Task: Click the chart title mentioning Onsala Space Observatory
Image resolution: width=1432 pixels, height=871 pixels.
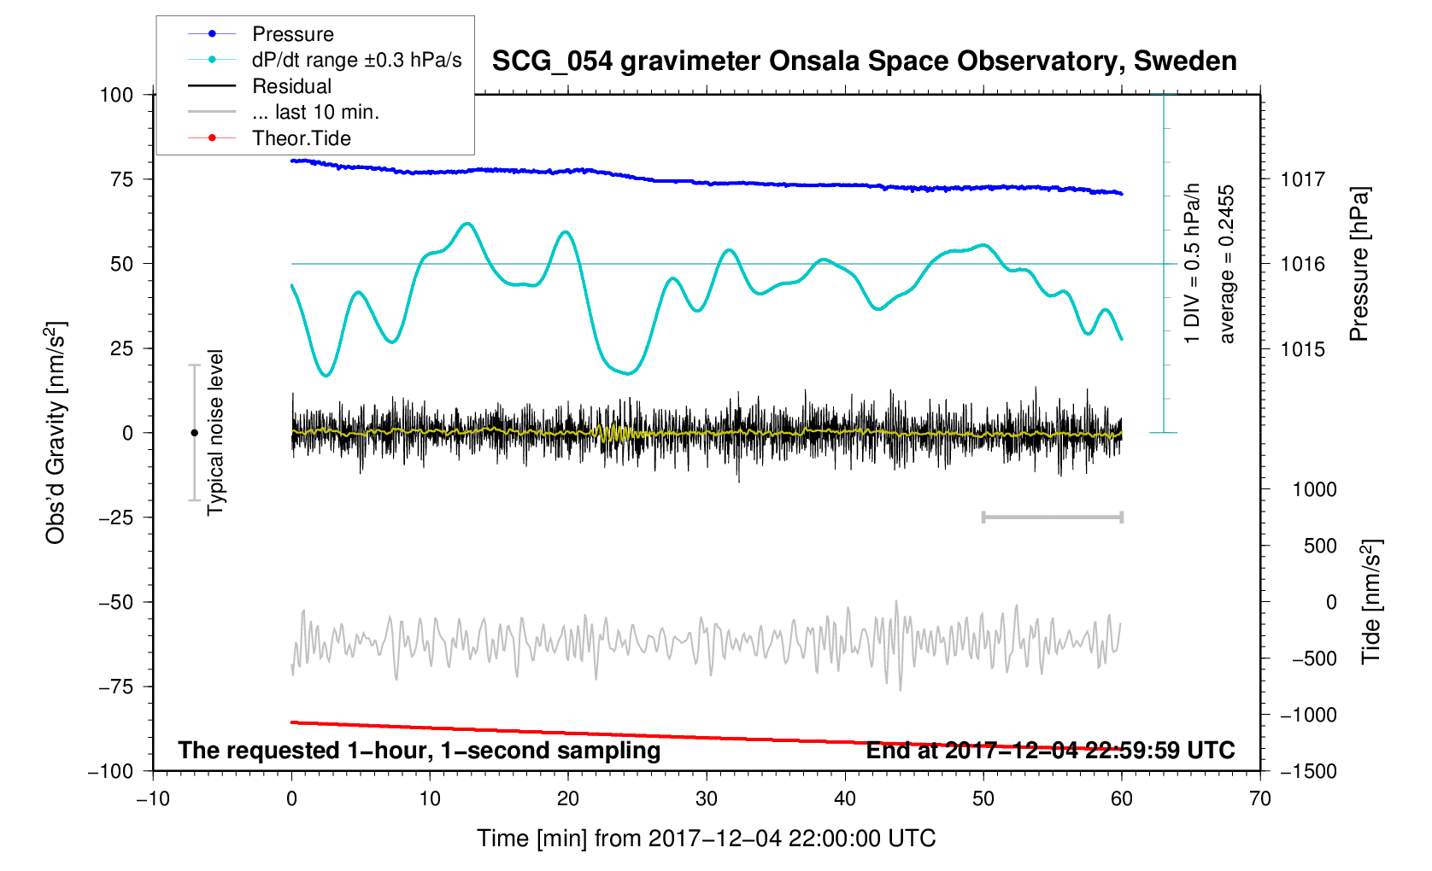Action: click(864, 61)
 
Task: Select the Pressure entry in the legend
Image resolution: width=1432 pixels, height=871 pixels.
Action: click(292, 34)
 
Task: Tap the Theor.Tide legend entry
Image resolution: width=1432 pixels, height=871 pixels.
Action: click(301, 138)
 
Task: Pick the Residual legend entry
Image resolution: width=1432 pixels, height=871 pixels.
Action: click(291, 86)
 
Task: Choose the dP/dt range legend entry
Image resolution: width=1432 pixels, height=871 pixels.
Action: click(356, 60)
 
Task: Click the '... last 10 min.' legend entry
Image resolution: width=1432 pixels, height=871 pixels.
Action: click(315, 112)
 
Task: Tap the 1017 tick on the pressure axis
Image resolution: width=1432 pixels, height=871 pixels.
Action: click(1301, 179)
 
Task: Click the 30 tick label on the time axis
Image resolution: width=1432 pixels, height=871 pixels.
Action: click(707, 799)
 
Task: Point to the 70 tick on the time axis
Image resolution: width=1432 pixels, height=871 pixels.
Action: click(1259, 799)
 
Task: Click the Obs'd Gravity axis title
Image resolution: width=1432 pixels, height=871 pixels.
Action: click(56, 433)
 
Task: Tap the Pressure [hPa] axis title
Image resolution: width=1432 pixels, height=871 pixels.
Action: click(1359, 265)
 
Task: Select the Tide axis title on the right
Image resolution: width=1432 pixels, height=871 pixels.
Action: click(1370, 601)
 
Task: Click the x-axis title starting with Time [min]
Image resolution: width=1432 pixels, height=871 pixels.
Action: click(706, 839)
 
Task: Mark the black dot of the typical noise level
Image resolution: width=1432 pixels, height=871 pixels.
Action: click(194, 433)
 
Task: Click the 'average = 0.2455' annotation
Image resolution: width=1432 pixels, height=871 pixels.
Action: click(1227, 264)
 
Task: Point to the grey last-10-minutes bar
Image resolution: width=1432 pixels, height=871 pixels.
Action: click(1052, 517)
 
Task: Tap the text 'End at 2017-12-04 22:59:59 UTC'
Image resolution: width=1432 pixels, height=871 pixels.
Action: click(1050, 751)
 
